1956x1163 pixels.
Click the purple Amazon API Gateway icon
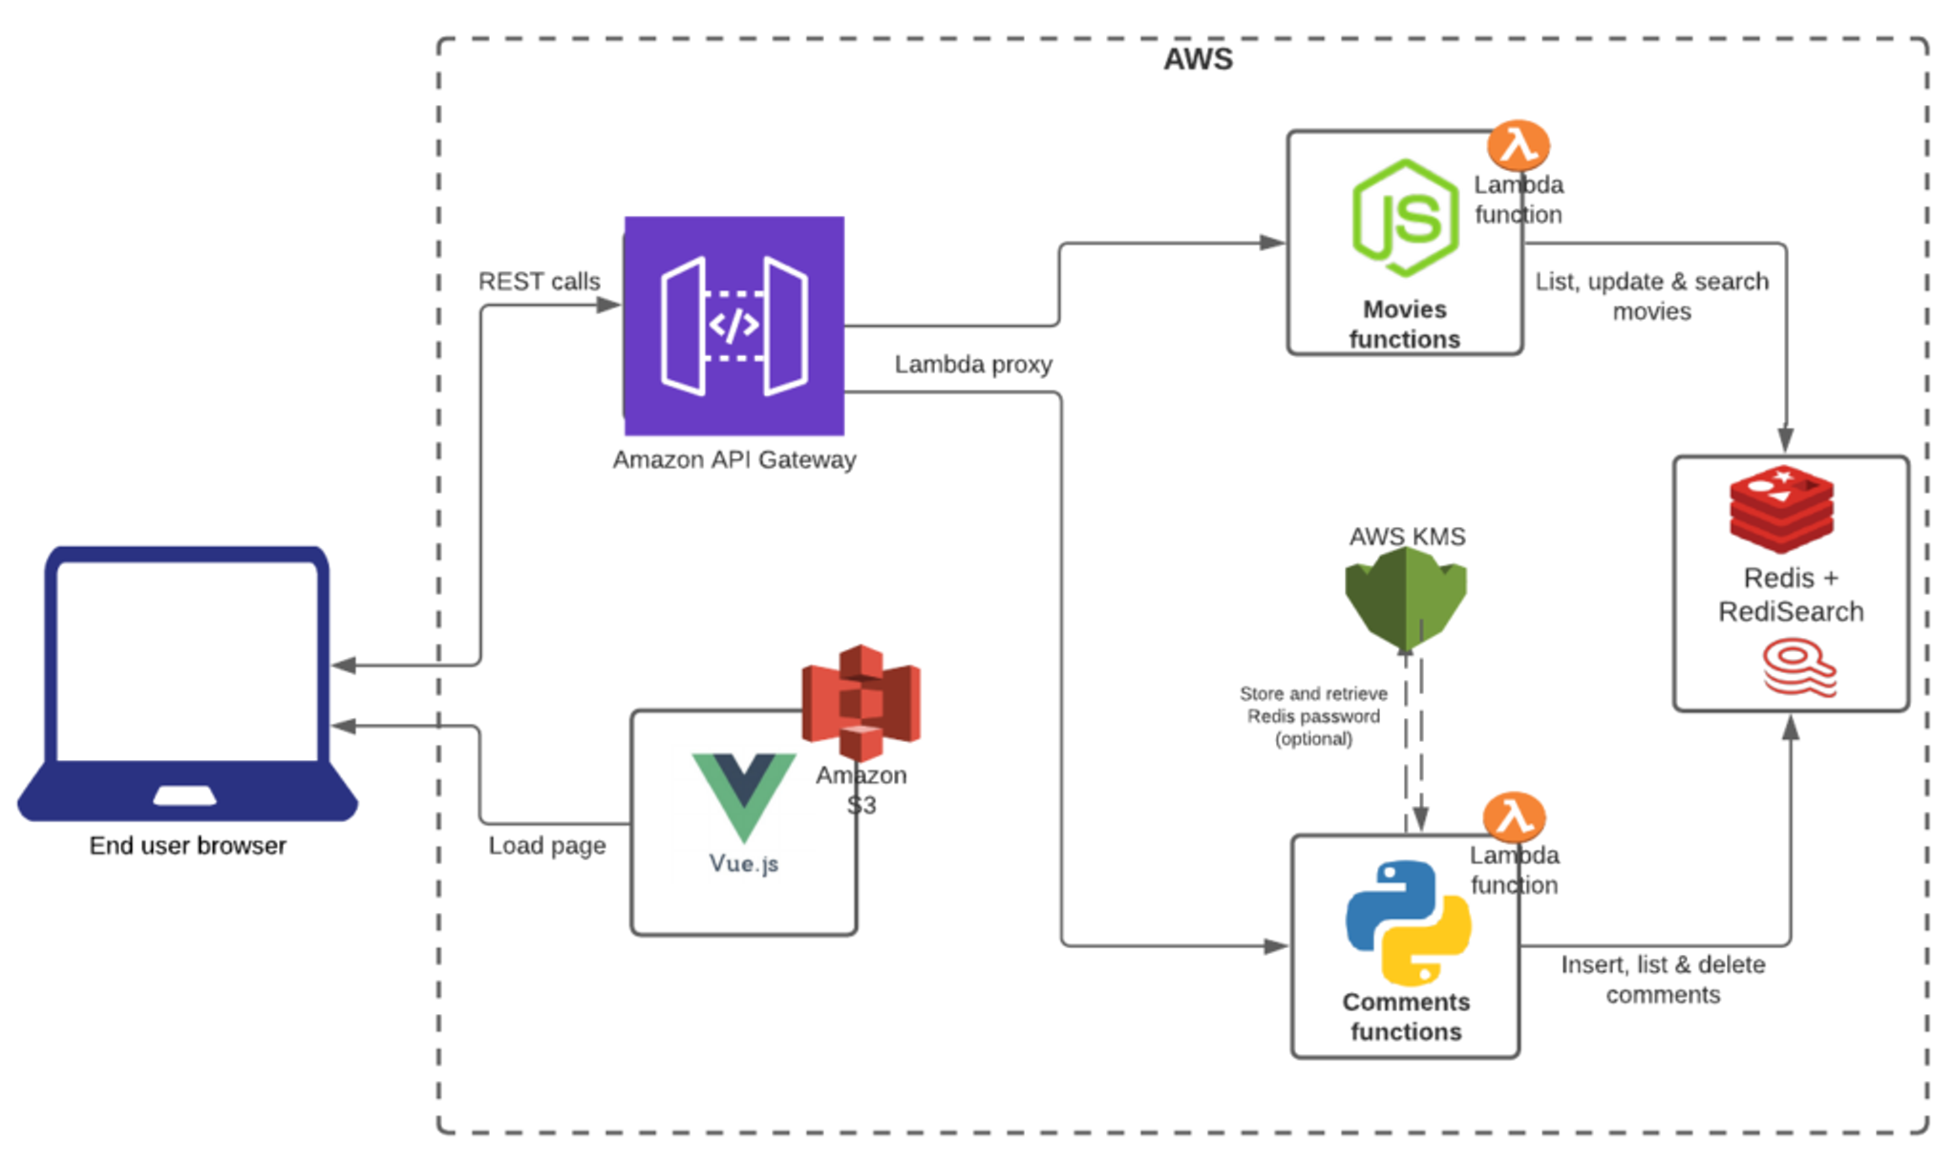coord(733,326)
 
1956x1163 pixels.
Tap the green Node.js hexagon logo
coord(1405,219)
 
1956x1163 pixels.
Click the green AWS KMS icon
coord(1405,599)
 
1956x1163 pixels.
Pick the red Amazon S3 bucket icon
coord(861,701)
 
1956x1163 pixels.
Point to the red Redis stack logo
coord(1781,508)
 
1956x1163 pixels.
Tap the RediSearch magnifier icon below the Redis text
coord(1798,667)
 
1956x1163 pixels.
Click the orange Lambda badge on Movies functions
coord(1518,145)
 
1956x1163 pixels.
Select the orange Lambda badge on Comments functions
coord(1514,816)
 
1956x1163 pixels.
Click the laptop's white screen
coord(187,660)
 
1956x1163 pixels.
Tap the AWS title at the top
coord(1198,59)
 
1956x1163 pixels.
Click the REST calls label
coord(539,282)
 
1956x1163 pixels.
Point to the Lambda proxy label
coord(972,365)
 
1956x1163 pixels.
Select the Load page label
coord(546,846)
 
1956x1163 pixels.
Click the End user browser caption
coord(187,846)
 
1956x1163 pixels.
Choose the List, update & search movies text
coord(1651,296)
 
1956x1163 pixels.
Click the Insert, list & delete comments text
coord(1663,980)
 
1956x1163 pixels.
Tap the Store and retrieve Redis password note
coord(1313,716)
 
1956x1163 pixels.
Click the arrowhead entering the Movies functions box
coord(1273,243)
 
